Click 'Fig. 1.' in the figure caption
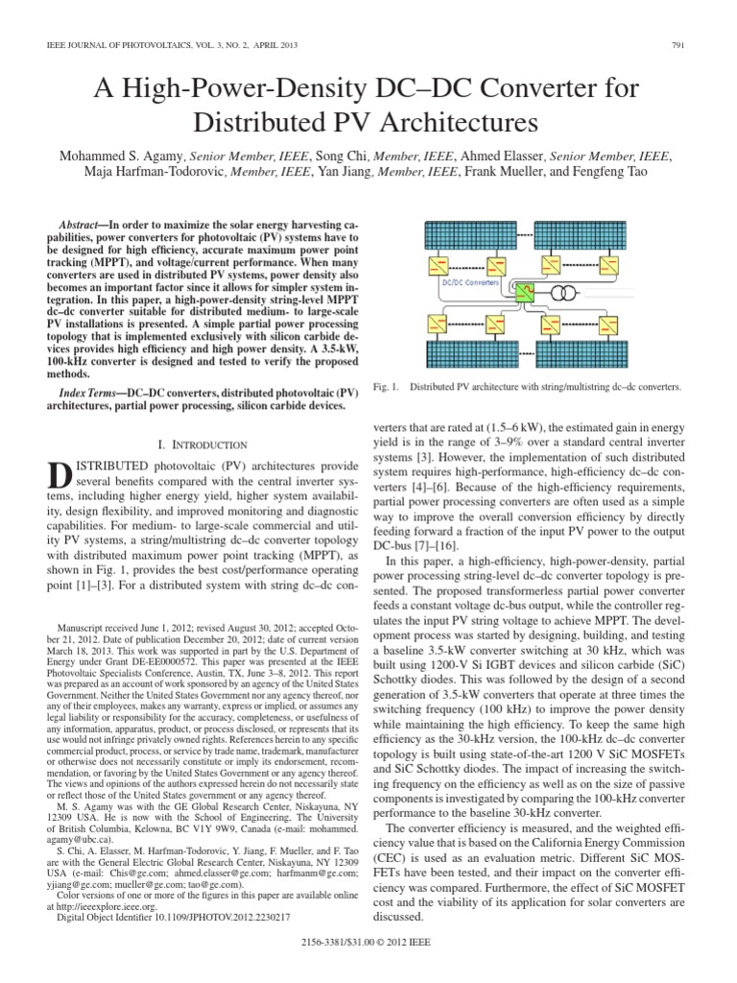pos(385,387)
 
